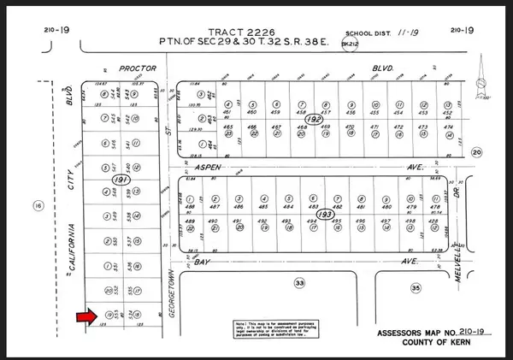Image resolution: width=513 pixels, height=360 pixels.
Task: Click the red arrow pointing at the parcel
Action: click(x=86, y=317)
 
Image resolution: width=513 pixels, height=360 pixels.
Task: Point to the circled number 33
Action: click(x=299, y=282)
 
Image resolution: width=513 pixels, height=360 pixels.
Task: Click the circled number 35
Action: click(x=416, y=289)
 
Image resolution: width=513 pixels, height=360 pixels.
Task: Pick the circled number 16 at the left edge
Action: click(x=37, y=205)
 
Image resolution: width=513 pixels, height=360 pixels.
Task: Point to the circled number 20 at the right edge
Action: click(x=476, y=152)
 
